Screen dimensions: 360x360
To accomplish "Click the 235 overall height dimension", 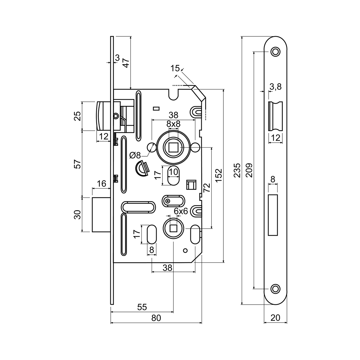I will tap(237, 170).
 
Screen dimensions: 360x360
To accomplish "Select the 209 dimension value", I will tap(249, 170).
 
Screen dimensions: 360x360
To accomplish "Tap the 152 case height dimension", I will tap(218, 176).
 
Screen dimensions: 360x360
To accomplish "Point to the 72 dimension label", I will tap(207, 188).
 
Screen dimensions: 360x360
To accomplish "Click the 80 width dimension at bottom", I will tap(156, 318).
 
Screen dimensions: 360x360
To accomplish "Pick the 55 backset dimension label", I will tap(142, 307).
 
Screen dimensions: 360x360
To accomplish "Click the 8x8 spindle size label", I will tap(173, 124).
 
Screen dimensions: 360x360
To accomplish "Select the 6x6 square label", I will tap(181, 211).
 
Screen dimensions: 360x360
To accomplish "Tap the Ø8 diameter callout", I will tap(135, 155).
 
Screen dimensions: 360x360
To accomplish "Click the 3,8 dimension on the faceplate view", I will tap(275, 87).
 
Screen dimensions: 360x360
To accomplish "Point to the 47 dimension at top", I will tap(125, 63).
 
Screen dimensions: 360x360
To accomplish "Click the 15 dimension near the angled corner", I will tap(175, 68).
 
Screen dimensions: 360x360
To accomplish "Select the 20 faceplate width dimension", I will tap(275, 318).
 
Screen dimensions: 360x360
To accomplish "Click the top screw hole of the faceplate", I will tap(275, 52).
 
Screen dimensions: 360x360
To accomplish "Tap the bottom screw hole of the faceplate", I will tap(275, 289).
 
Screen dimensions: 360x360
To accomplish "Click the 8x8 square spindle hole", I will tap(173, 147).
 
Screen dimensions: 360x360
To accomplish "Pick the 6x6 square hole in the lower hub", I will tap(173, 228).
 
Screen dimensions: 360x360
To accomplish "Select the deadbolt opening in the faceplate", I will tap(273, 215).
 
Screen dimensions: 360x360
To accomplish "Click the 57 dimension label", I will tap(77, 164).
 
